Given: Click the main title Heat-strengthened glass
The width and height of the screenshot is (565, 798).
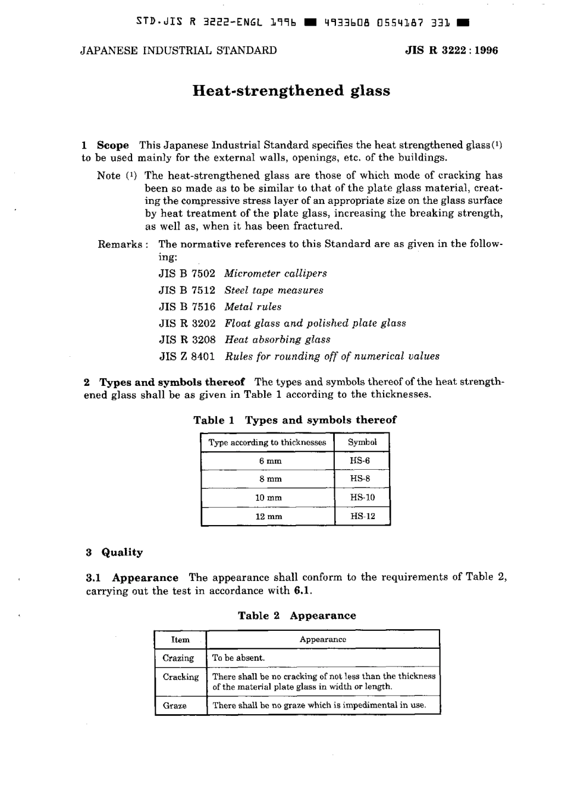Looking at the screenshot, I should click(291, 91).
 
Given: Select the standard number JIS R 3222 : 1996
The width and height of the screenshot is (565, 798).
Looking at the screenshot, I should click(451, 51).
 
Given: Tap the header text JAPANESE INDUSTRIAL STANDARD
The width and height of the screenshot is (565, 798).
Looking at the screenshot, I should click(178, 51).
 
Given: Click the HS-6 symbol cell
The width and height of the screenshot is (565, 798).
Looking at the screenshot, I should click(362, 461).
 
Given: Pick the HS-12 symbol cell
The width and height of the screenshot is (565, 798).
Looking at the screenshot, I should click(362, 516).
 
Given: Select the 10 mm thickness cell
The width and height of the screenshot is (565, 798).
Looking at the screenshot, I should click(268, 498).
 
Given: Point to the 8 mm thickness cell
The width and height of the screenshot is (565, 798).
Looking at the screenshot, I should click(268, 479).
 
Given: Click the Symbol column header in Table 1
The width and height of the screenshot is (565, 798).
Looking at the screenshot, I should click(362, 442).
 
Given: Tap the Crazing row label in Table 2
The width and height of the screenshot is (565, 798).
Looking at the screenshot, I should click(178, 658).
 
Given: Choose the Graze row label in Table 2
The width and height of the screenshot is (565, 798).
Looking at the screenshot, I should click(175, 706).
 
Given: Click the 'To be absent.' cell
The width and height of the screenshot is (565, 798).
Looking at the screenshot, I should click(238, 658).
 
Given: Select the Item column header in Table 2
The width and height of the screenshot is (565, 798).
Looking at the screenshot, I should click(180, 640).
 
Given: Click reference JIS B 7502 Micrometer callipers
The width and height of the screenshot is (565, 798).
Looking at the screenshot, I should click(243, 274).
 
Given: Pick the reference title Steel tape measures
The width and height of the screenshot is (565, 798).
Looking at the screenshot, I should click(274, 290).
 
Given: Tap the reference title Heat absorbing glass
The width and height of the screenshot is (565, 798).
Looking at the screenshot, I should click(277, 340).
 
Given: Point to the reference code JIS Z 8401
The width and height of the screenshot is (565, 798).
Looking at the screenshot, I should click(187, 356).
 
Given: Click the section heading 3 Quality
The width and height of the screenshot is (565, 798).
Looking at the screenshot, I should click(115, 552).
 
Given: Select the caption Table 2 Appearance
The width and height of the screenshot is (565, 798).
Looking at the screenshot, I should click(297, 615).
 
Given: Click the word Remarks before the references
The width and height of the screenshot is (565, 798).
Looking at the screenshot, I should click(120, 244).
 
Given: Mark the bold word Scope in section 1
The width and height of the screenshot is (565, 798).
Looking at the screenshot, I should click(113, 145).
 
